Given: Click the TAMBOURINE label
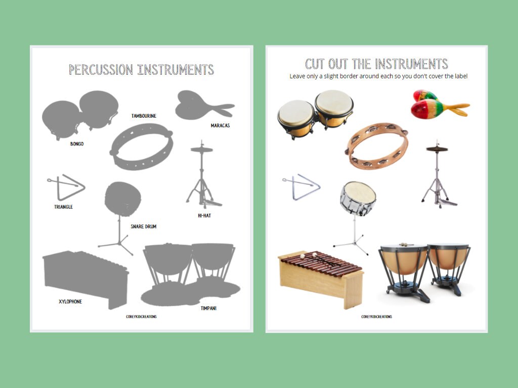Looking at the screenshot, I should [144, 116].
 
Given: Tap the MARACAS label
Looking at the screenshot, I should [220, 125].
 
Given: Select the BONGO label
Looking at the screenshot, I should [77, 144].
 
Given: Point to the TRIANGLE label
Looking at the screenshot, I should [63, 207].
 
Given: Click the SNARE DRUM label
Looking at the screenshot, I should [143, 226].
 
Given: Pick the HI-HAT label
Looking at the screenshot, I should [204, 215].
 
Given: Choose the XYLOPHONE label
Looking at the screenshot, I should [70, 302].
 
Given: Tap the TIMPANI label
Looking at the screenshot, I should [208, 308].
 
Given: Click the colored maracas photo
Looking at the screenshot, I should [435, 105].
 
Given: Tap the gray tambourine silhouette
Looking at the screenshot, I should [142, 147].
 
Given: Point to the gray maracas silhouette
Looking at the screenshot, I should [200, 105].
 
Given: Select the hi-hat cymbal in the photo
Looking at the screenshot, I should [437, 149].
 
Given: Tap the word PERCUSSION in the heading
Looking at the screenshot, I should [101, 70].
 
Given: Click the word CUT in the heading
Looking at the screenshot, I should [315, 64].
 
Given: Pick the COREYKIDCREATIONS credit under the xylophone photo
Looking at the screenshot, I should [376, 317].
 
